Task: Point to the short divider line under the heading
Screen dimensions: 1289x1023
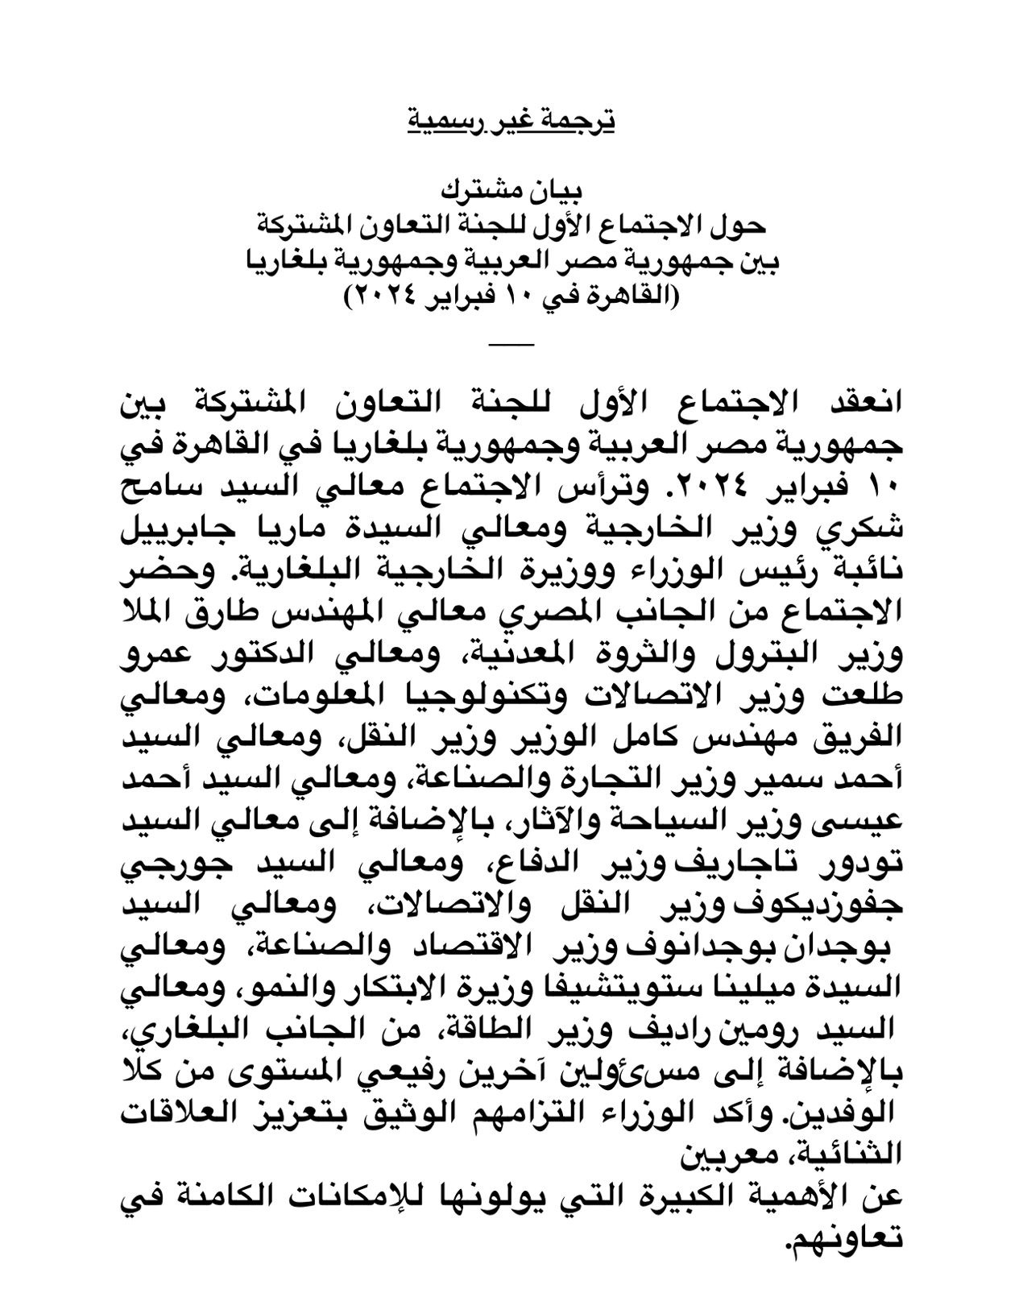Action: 511,345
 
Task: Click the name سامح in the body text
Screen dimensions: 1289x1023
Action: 866,487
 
